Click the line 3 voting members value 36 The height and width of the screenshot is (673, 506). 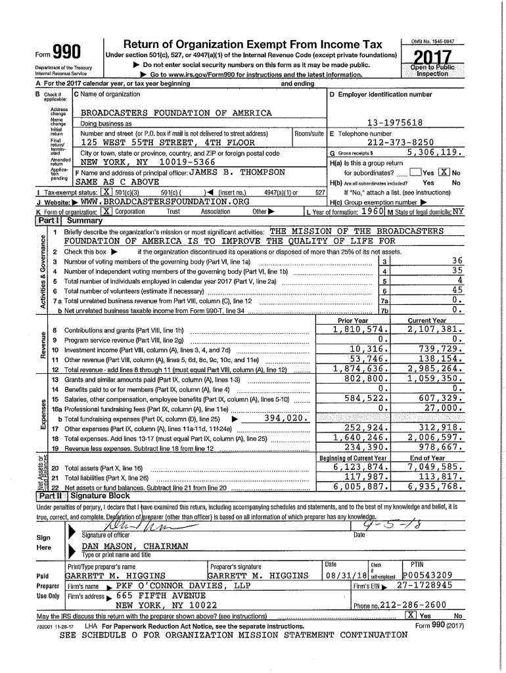[x=457, y=261]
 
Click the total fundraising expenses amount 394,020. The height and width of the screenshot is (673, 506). [x=285, y=419]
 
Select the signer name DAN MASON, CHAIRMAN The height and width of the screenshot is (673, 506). [x=135, y=547]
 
